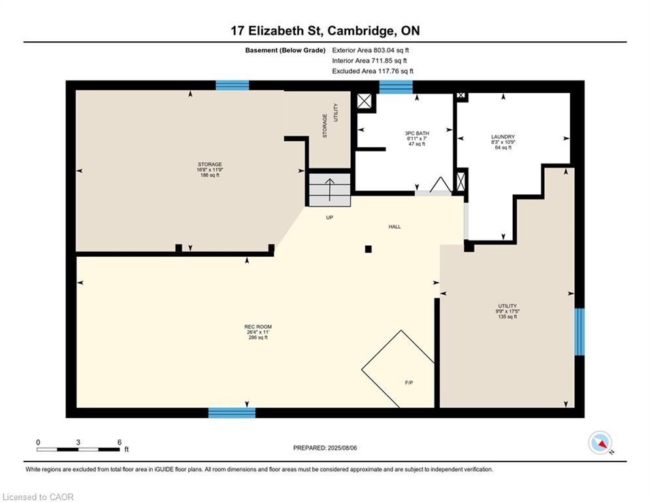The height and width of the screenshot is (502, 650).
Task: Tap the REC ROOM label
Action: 258,327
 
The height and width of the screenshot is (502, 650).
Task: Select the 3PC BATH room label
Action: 417,133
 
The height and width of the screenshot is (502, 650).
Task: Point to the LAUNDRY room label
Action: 503,137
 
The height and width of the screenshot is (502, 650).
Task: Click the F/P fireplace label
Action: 409,382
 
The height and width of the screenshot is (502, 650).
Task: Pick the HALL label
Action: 395,227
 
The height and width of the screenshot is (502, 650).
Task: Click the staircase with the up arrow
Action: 329,190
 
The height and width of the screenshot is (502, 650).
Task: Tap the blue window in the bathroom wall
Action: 396,87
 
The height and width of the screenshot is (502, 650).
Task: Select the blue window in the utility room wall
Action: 579,331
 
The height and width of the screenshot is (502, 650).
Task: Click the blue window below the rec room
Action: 232,413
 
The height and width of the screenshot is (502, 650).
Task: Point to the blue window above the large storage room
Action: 232,86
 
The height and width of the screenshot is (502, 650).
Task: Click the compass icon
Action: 600,443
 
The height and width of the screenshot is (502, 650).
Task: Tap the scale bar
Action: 78,449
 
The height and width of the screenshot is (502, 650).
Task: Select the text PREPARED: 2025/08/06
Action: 325,448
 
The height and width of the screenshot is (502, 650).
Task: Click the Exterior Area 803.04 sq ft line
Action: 370,50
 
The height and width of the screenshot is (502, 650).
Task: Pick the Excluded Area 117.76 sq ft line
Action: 372,71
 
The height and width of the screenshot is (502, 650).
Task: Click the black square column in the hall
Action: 368,249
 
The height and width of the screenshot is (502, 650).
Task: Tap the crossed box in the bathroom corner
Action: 365,101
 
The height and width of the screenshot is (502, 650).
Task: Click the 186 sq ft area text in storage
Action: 210,175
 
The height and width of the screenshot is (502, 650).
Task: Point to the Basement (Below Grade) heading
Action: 285,50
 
